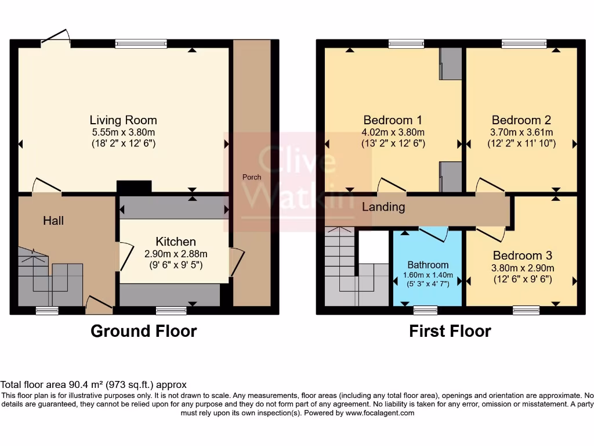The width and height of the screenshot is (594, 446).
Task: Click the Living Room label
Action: coord(123,120)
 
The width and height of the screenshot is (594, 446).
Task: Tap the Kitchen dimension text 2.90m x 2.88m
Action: coord(175,254)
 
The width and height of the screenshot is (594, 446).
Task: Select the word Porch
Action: coord(252,177)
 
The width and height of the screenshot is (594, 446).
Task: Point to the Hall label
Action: coord(53,221)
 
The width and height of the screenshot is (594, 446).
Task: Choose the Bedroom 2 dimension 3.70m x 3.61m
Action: coord(521,132)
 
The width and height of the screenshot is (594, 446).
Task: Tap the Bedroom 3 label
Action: coord(522,256)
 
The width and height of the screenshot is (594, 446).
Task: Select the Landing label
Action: coord(383,207)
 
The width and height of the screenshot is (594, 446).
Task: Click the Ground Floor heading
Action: coord(143,331)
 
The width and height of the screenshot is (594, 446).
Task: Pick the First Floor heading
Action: coord(450,331)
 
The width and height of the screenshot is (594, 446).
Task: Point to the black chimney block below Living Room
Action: coord(134,186)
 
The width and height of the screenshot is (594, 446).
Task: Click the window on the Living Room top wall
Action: coord(141,43)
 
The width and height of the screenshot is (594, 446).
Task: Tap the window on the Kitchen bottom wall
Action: coord(171,311)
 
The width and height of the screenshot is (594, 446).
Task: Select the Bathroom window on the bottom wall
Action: coord(425,310)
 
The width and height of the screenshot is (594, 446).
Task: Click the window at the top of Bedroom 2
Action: coord(520,43)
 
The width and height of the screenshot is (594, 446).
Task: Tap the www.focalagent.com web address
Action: coord(379,413)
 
